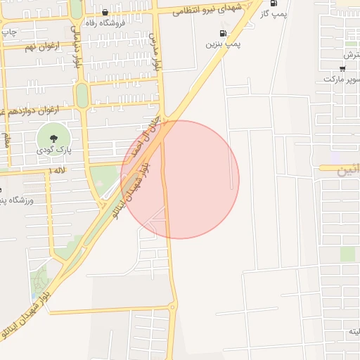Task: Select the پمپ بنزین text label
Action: pos(223,44)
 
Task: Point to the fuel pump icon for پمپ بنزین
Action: pos(223,32)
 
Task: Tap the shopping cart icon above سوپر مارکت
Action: pos(342,68)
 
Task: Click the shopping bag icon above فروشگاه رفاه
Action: pos(105,12)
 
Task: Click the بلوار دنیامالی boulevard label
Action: pos(76,48)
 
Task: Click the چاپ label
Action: pos(8,32)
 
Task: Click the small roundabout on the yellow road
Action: pos(173,306)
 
